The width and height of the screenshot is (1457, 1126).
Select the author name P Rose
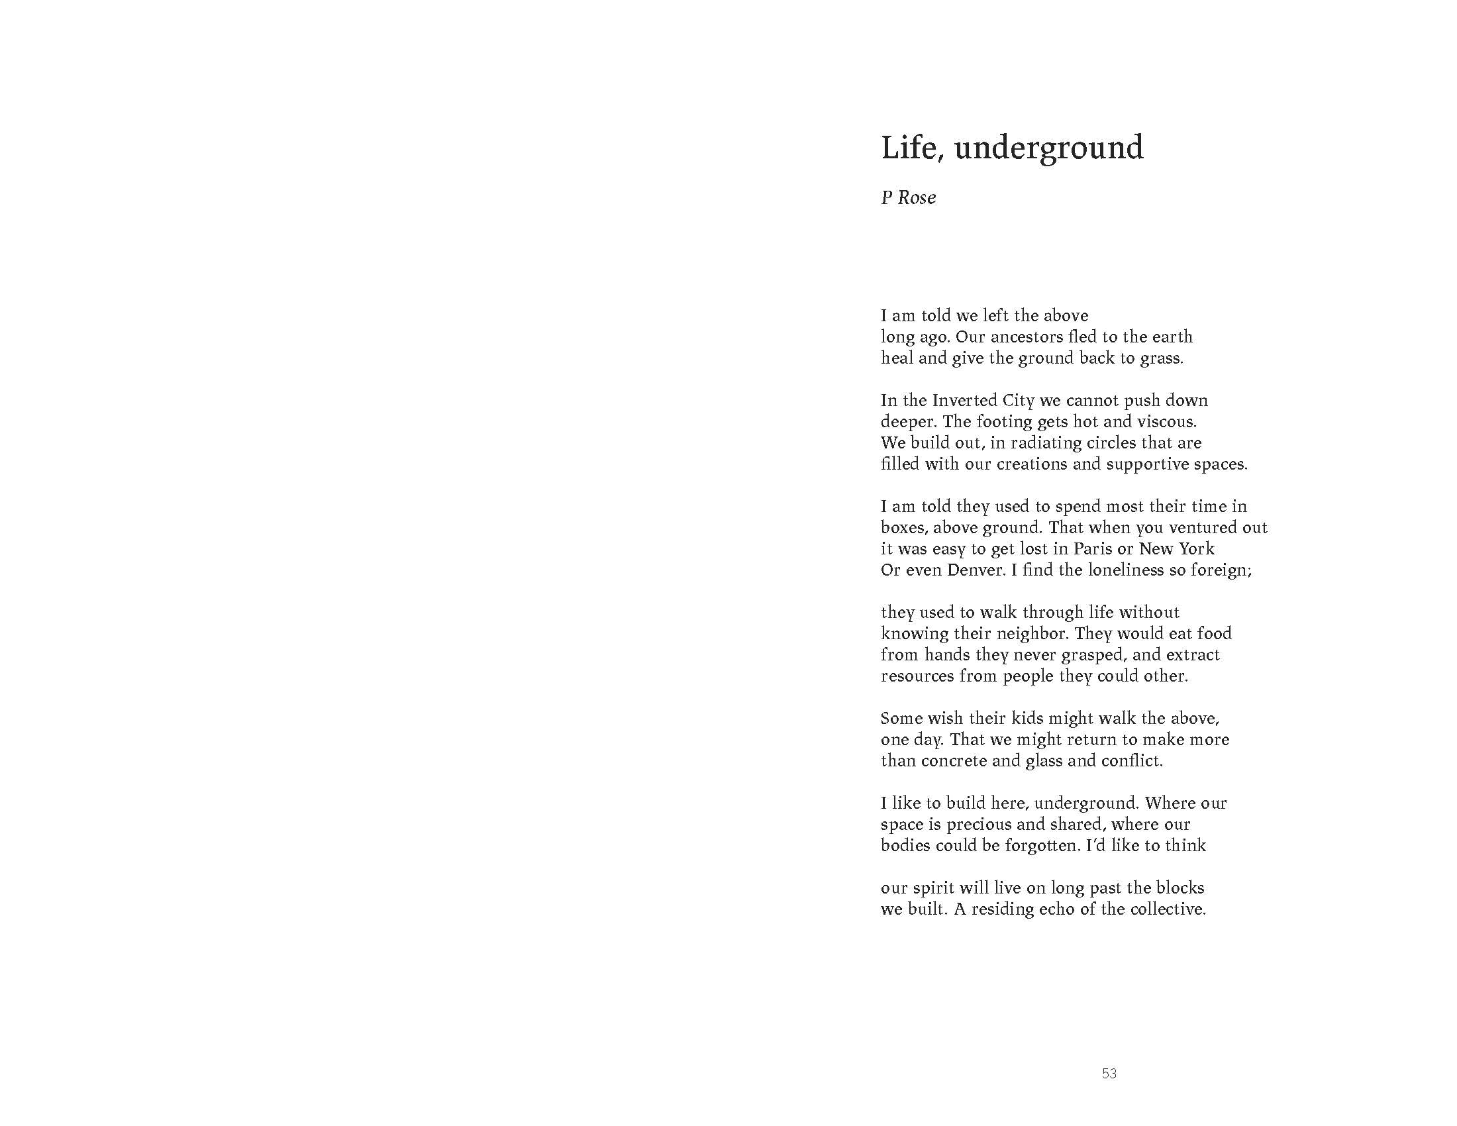[908, 197]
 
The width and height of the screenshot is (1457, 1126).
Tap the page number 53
[1109, 1073]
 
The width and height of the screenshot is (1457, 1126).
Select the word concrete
[953, 761]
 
